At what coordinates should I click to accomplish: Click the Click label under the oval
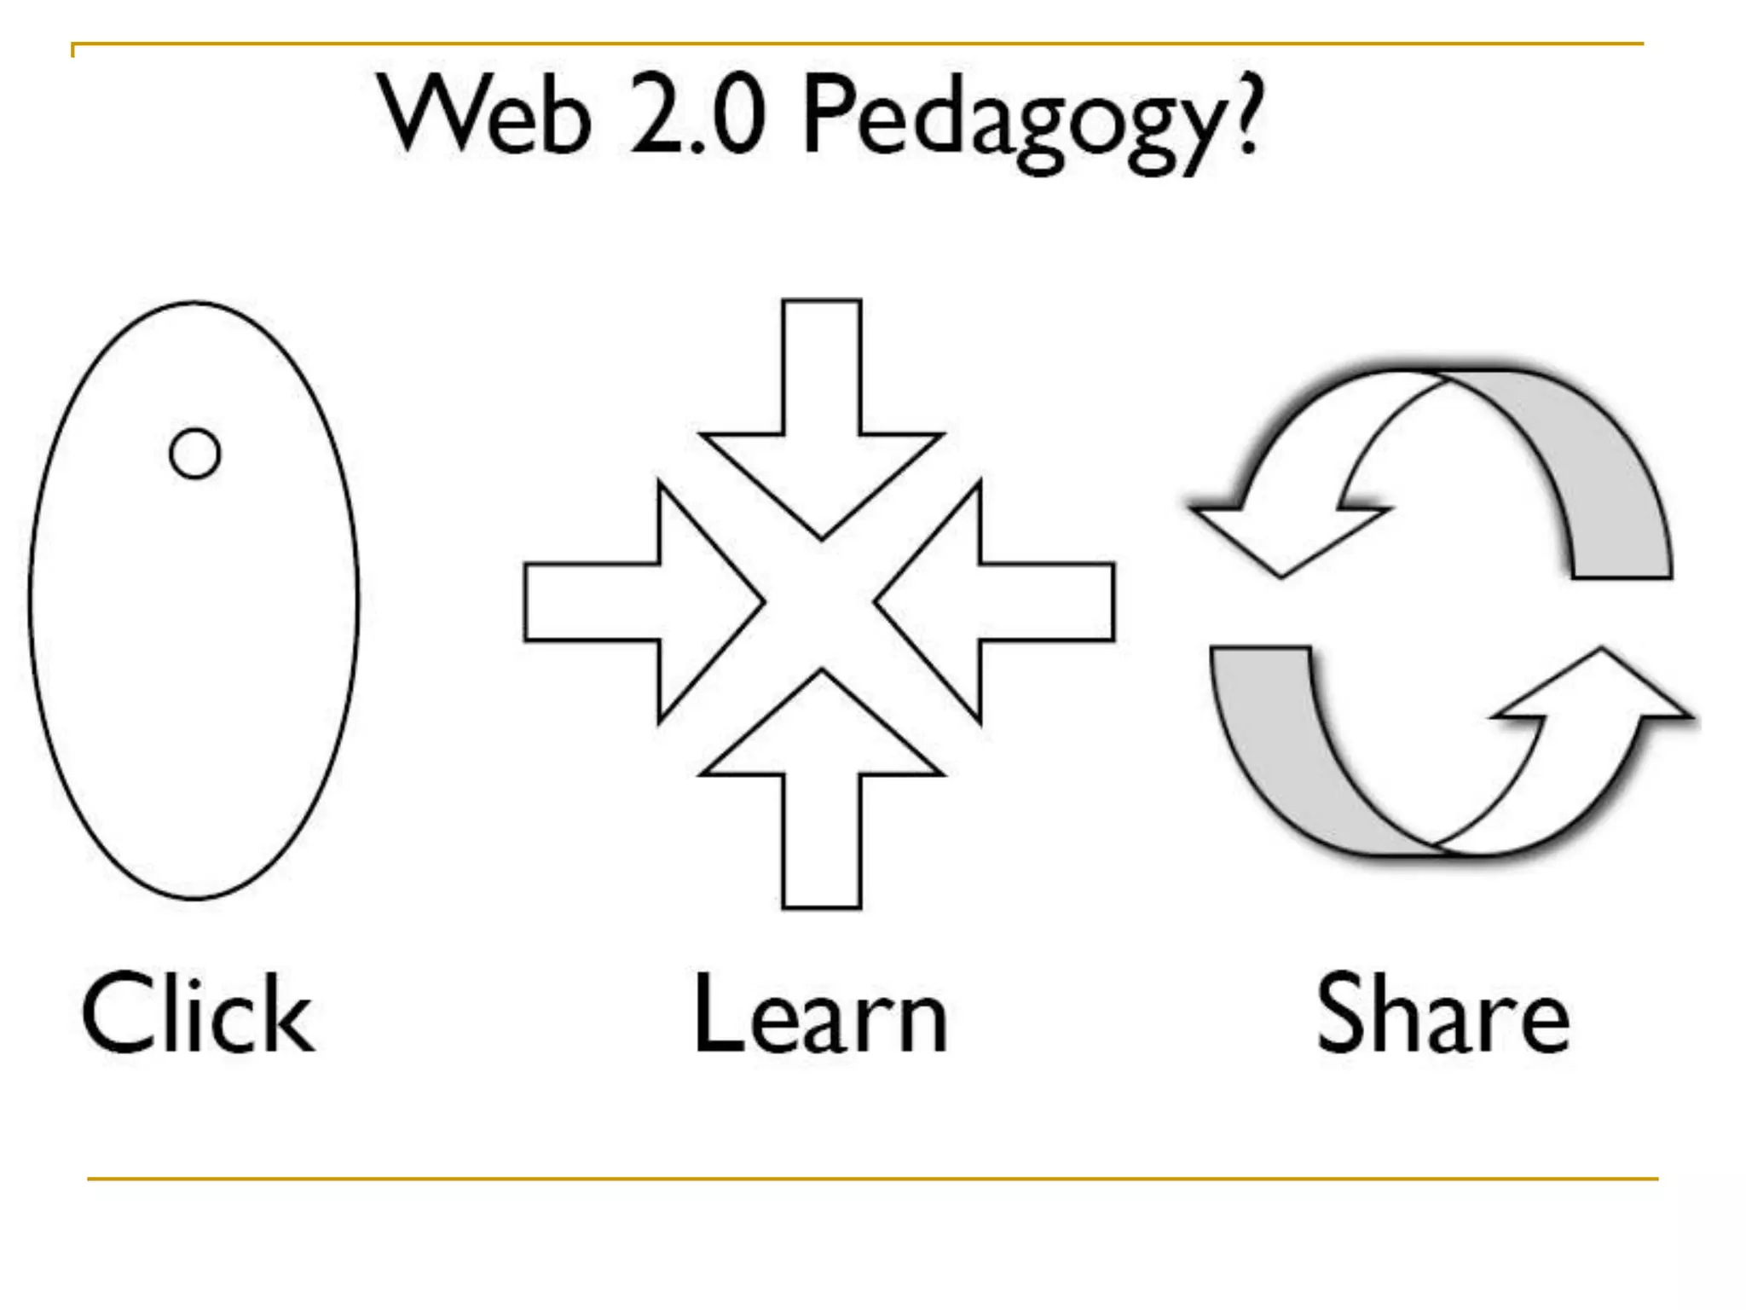198,1015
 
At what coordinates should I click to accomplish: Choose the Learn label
820,1015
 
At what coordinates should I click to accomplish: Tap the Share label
1442,1015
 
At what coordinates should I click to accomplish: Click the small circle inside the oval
195,453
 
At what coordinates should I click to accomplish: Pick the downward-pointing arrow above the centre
822,426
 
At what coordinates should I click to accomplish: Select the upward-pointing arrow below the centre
822,776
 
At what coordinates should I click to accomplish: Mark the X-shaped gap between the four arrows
820,602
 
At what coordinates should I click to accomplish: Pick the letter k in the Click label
287,1015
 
